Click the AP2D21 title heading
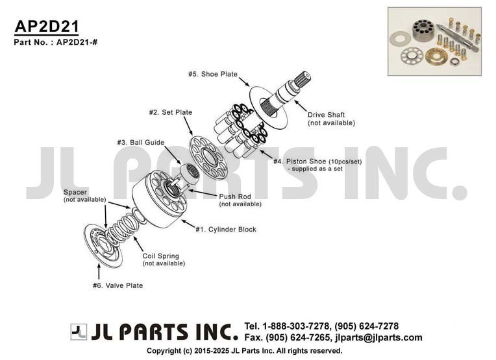47,26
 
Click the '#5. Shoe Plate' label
213,74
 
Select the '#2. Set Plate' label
171,112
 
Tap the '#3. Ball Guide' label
141,142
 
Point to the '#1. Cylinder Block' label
226,230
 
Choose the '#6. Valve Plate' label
118,285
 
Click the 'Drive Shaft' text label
326,115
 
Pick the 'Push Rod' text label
235,197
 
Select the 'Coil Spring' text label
161,256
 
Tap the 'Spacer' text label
75,192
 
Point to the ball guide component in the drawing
190,173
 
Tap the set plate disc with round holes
208,158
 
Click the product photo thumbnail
434,42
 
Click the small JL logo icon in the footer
79,332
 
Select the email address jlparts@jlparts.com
378,337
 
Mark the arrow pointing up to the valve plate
99,271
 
